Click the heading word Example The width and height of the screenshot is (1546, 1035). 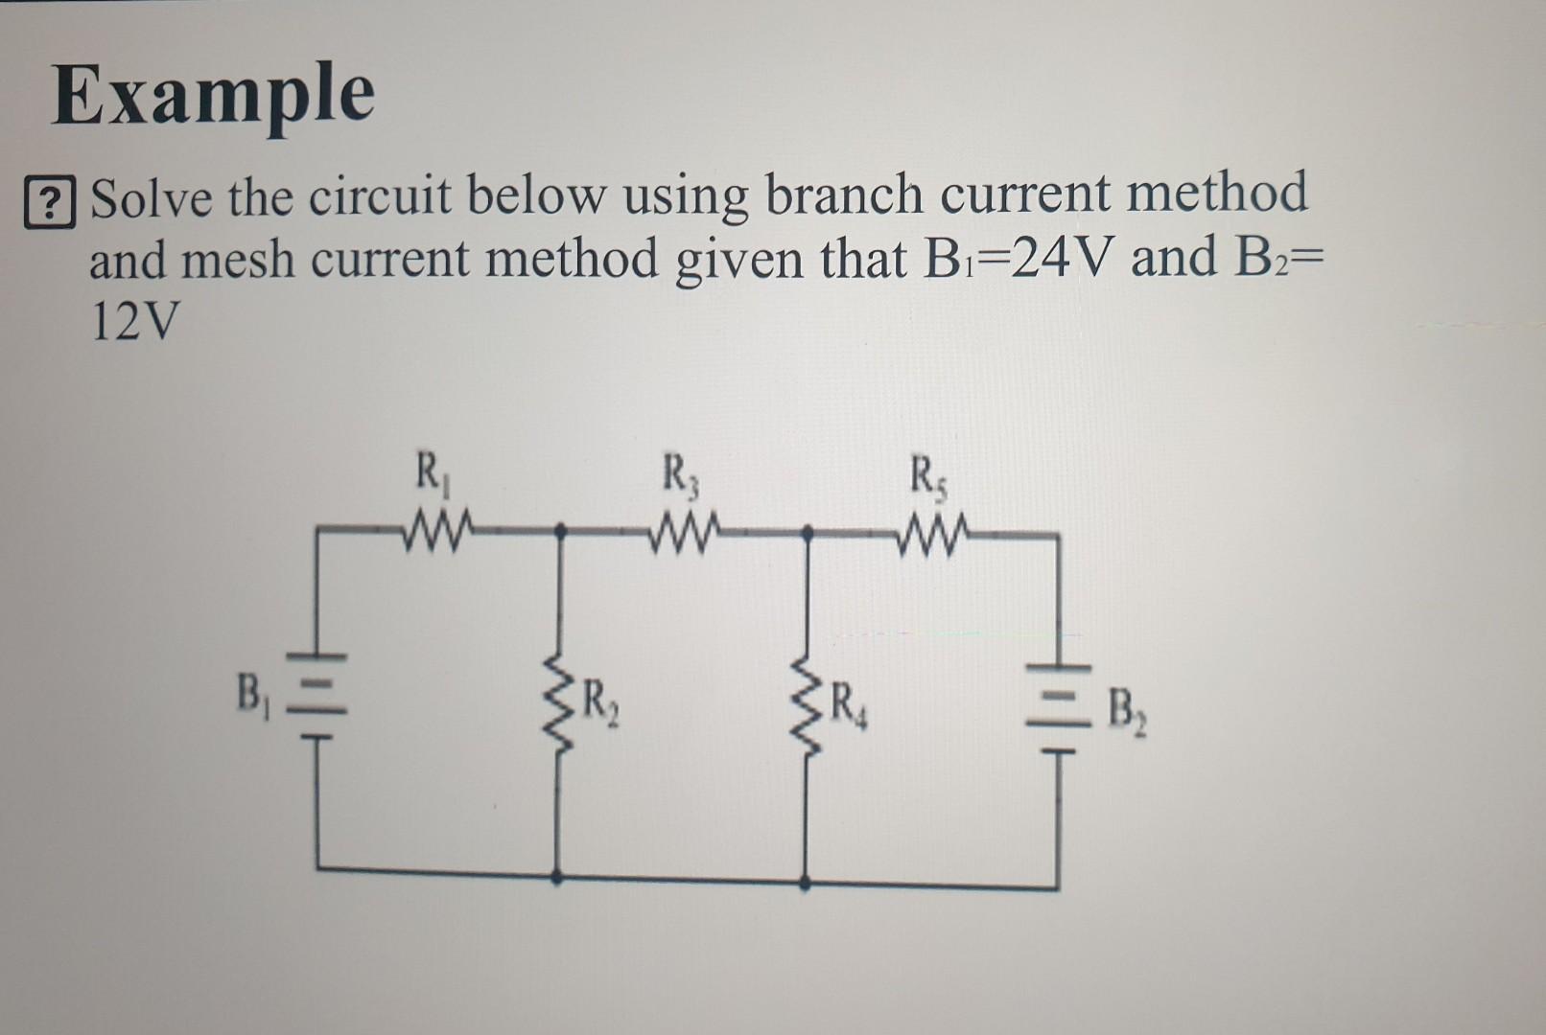(x=213, y=96)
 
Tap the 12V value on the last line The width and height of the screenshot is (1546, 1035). (x=133, y=324)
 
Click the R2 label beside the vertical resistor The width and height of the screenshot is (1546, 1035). (x=602, y=707)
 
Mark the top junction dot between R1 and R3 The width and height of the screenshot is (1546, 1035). (x=560, y=529)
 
